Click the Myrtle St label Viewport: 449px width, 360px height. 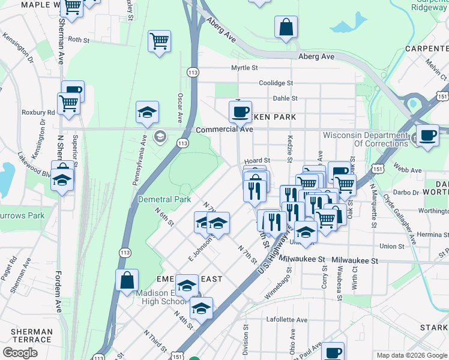244,68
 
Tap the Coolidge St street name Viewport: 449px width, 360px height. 276,83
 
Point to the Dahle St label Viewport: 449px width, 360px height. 285,98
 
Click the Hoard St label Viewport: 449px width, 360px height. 258,161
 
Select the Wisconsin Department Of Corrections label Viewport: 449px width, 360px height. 366,139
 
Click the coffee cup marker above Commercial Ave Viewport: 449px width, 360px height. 240,111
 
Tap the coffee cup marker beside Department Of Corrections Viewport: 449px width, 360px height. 427,135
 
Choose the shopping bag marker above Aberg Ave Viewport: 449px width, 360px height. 286,26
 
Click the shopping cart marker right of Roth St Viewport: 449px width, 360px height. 159,41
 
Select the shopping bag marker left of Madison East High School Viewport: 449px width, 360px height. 127,279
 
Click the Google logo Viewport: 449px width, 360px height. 20,353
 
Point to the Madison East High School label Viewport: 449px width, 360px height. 156,297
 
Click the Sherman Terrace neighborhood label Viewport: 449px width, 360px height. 32,335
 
